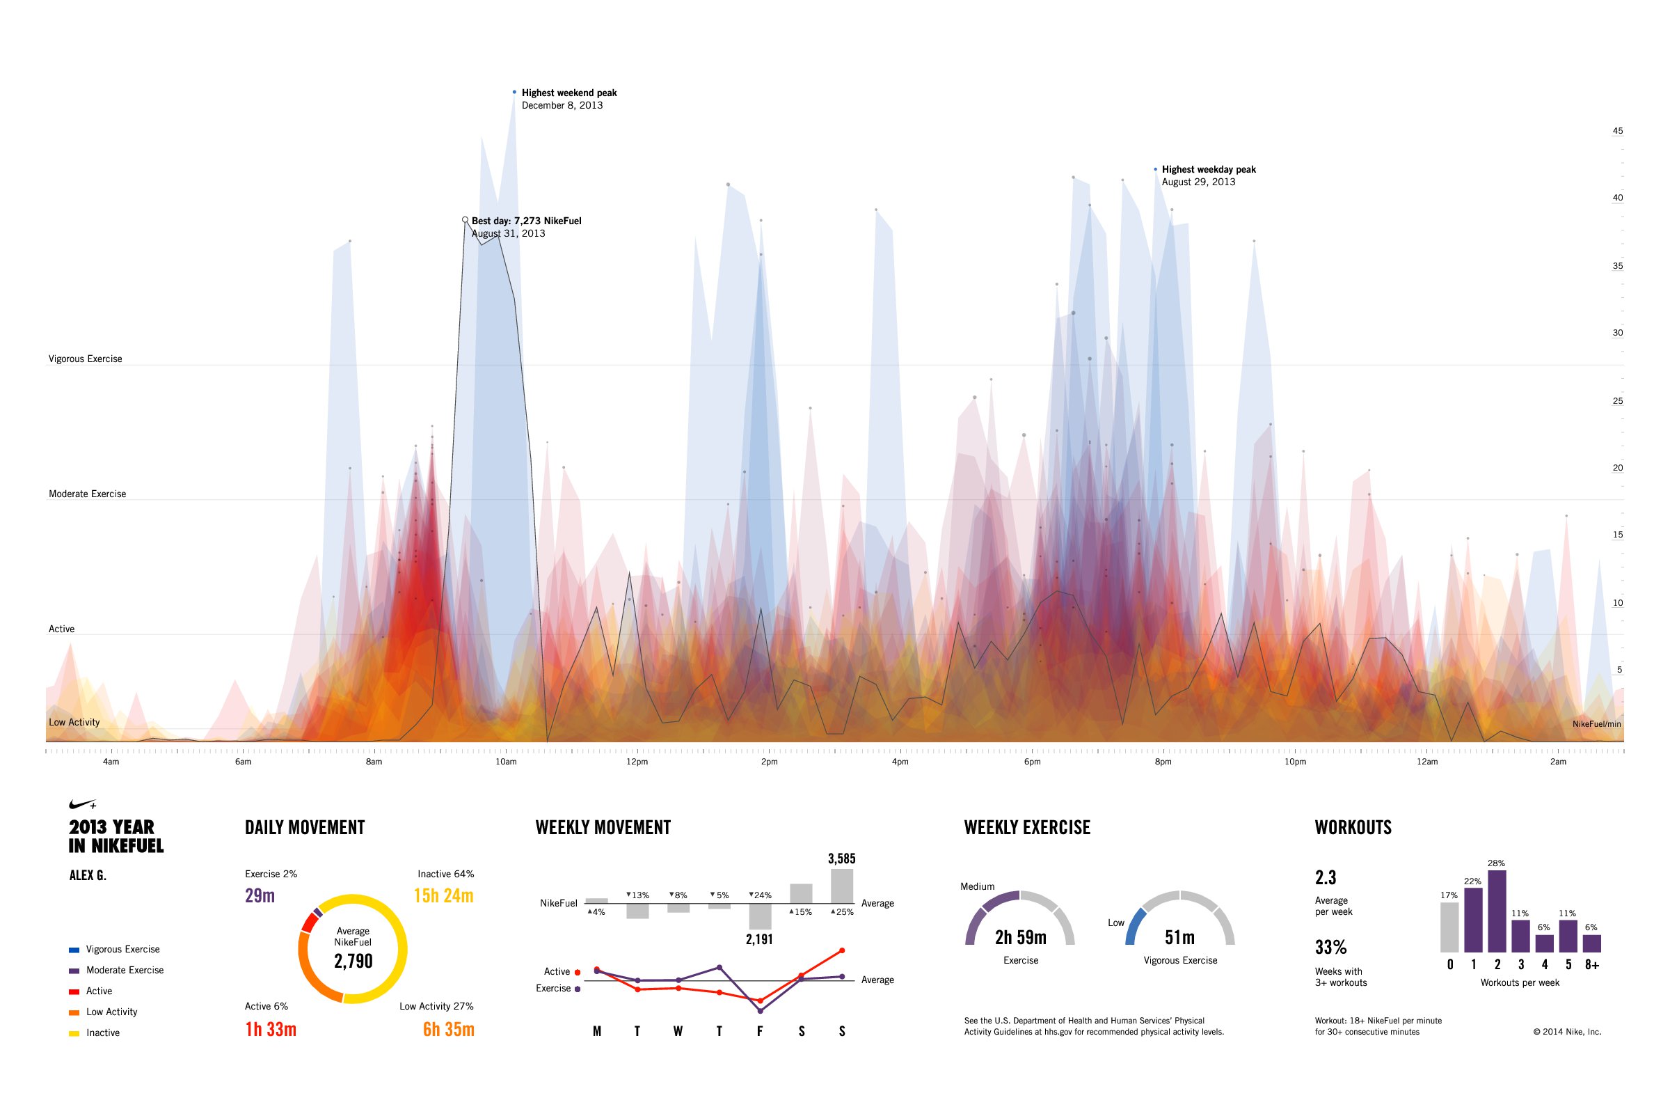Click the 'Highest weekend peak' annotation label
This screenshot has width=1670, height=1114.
click(x=568, y=93)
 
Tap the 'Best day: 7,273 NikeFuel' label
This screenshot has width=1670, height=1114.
click(x=526, y=221)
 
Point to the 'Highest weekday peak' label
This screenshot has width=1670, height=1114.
click(x=1209, y=170)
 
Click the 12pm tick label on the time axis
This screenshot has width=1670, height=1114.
click(x=637, y=762)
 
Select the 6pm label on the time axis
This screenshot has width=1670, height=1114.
click(x=1032, y=762)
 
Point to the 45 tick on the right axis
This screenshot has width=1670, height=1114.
click(x=1617, y=131)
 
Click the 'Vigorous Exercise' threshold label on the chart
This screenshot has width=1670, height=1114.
click(x=85, y=359)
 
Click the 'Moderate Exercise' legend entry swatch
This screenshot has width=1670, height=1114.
click(x=74, y=971)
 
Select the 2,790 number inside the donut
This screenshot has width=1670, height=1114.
click(x=353, y=962)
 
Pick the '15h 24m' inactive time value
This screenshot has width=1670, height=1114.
click(x=443, y=896)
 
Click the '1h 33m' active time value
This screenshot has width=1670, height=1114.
click(x=271, y=1030)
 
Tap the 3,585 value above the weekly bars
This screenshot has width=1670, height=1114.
click(x=841, y=859)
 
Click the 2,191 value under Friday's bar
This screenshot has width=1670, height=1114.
click(x=759, y=939)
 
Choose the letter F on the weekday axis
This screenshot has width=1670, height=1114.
click(x=760, y=1032)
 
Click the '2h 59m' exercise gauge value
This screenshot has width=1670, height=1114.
click(x=1020, y=938)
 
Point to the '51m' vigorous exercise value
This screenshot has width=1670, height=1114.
click(x=1179, y=938)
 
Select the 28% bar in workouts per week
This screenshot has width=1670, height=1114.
click(x=1497, y=911)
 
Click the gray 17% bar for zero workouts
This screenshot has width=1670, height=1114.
click(x=1449, y=927)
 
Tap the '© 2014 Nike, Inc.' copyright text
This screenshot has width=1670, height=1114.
click(x=1567, y=1033)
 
